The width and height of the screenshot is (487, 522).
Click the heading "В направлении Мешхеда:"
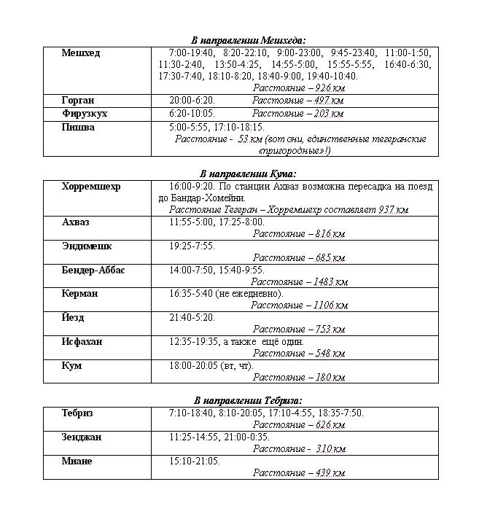point(248,40)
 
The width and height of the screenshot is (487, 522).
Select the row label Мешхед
point(81,53)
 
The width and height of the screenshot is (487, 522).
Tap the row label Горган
point(78,100)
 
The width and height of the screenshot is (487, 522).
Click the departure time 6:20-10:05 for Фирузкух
point(192,114)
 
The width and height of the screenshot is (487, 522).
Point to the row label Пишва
point(78,127)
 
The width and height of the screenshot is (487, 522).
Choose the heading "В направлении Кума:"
point(248,174)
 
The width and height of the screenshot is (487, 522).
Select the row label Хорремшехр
point(91,187)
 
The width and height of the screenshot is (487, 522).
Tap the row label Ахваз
point(77,222)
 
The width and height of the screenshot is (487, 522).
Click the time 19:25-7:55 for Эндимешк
point(192,246)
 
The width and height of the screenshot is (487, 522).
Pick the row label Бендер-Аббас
point(93,270)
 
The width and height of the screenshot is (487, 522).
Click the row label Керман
point(79,294)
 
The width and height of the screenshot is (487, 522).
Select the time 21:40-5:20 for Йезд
point(192,318)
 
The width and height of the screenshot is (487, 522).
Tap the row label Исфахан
point(82,342)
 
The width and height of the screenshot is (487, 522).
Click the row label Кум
point(71,366)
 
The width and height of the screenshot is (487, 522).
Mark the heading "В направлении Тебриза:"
point(248,400)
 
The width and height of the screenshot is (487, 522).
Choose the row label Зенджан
point(82,437)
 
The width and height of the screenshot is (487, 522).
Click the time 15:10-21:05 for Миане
point(194,461)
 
